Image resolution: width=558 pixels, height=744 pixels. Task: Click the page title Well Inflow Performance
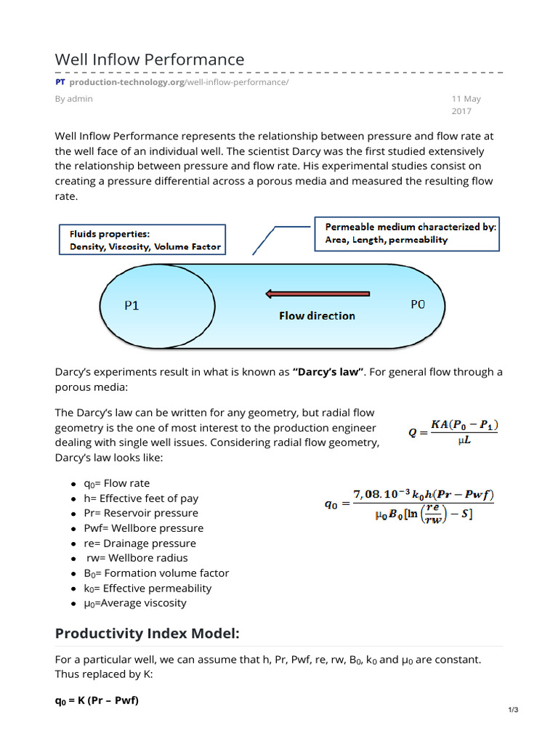point(150,59)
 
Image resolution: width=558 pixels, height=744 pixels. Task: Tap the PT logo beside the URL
point(60,82)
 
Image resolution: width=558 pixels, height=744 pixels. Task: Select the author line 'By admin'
point(73,99)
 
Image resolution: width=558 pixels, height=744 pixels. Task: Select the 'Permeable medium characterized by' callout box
point(406,232)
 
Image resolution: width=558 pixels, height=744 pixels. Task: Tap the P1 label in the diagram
point(132,306)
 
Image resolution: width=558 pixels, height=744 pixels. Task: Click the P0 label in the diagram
point(417,305)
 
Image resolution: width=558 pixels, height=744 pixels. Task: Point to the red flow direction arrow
point(318,294)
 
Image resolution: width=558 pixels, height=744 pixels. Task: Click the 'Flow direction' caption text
point(318,316)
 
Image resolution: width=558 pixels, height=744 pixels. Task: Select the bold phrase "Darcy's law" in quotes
point(327,372)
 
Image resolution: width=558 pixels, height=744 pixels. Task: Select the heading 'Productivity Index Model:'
point(147,634)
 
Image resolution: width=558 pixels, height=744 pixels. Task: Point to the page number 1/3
point(513,710)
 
